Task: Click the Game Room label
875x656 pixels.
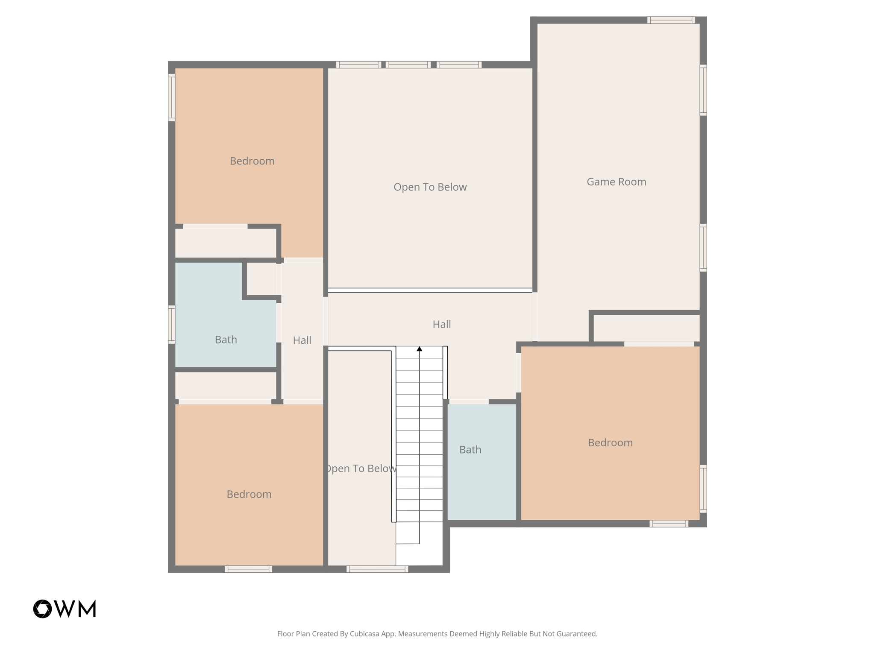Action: [x=616, y=182]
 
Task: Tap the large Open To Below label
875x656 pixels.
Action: [x=430, y=187]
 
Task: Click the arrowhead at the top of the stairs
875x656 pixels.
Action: [x=420, y=349]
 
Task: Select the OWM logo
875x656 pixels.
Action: [x=65, y=609]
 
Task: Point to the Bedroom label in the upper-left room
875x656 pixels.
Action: [x=252, y=161]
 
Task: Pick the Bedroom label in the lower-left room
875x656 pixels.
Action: [x=249, y=494]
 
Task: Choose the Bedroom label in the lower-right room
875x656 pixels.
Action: [x=610, y=442]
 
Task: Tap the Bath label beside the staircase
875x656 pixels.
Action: [x=470, y=450]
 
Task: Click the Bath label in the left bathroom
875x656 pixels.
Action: [x=226, y=340]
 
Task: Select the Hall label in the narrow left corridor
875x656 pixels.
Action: [x=302, y=340]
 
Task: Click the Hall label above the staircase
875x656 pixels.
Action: [x=442, y=324]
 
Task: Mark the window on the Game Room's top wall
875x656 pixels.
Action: [x=671, y=20]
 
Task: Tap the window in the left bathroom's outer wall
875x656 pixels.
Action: [x=172, y=325]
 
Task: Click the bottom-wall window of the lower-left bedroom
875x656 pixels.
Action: [x=248, y=569]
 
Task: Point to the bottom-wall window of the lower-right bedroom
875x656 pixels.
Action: [x=669, y=524]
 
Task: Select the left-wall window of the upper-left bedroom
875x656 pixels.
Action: [x=172, y=97]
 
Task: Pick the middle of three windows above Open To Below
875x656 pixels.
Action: [x=408, y=65]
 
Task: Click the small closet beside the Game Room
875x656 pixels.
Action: [x=646, y=328]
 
